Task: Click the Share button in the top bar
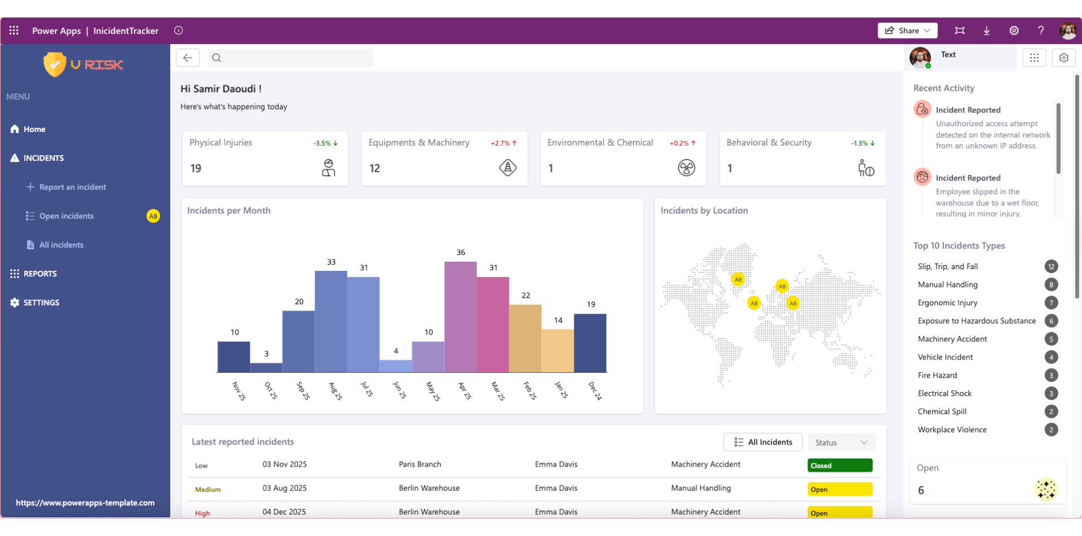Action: [907, 30]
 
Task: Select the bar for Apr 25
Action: [460, 317]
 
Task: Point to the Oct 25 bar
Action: [266, 367]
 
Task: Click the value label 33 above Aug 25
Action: [331, 262]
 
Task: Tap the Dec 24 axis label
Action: [595, 390]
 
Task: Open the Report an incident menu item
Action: [72, 187]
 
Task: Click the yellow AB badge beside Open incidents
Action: [153, 216]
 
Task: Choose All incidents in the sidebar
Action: [61, 245]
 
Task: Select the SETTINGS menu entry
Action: [41, 302]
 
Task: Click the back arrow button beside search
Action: [188, 58]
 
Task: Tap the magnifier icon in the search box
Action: [216, 58]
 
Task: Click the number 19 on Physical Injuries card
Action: [196, 168]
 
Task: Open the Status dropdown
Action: [841, 442]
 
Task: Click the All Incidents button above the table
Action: [762, 442]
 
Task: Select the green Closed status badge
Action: [840, 465]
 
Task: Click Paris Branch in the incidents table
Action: [420, 464]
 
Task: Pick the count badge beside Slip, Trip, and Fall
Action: [1051, 266]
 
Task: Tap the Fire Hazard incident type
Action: [937, 375]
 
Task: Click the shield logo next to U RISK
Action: [55, 64]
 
